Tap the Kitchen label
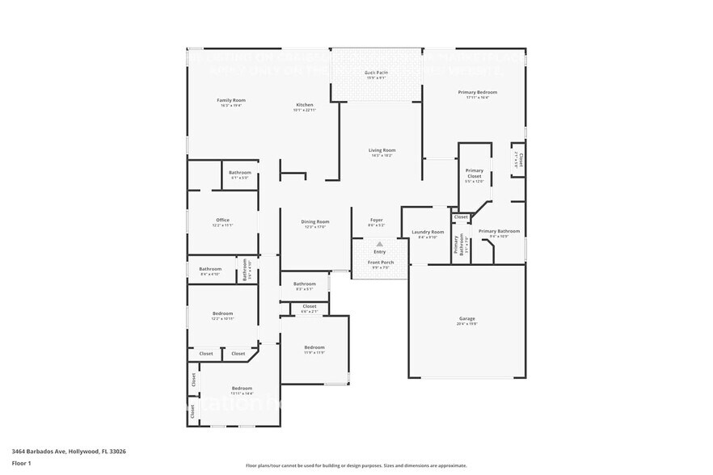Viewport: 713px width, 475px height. (x=304, y=105)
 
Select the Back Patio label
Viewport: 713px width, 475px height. (x=377, y=73)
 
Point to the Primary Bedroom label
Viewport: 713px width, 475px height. (x=477, y=92)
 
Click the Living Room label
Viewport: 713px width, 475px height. (x=382, y=150)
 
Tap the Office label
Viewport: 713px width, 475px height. (x=222, y=221)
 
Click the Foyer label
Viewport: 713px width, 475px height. (x=377, y=221)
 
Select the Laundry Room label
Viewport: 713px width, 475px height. (x=428, y=232)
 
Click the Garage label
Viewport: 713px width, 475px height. (x=467, y=319)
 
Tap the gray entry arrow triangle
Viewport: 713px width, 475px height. (x=379, y=244)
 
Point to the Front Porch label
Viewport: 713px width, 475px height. (x=382, y=263)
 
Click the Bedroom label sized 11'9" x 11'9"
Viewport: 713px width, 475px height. (x=314, y=347)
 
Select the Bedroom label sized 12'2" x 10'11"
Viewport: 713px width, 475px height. (x=222, y=313)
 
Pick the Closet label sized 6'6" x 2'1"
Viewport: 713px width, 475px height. (x=310, y=306)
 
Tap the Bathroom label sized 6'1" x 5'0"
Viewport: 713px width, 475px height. (x=239, y=172)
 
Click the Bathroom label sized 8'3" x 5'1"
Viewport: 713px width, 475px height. (x=305, y=284)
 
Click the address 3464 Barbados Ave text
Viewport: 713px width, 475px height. (x=69, y=452)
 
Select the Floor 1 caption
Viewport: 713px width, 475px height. (x=21, y=463)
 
